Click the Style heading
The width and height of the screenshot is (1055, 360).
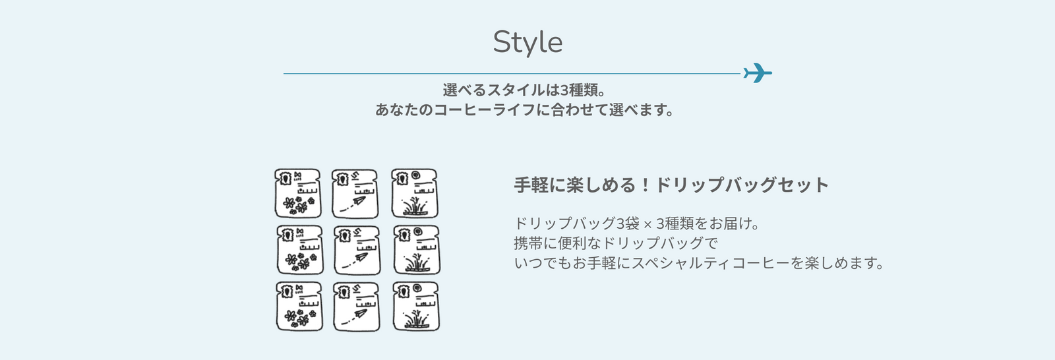(527, 42)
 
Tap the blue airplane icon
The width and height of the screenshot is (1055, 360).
(758, 73)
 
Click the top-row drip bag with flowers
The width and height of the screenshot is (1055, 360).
(297, 193)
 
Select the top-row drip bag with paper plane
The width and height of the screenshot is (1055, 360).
(355, 194)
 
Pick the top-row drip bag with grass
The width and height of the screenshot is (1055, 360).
(415, 193)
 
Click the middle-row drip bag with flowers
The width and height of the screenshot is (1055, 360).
(300, 250)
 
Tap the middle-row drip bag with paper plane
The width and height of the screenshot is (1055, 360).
(357, 250)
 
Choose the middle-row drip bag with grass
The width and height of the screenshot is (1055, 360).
(417, 250)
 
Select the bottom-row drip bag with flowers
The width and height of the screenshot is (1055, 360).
(299, 307)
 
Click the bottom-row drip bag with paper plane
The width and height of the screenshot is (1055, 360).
(357, 307)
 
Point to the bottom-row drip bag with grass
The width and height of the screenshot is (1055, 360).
(416, 307)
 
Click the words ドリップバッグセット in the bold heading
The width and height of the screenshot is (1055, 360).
(742, 185)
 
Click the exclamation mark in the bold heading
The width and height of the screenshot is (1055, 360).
(646, 185)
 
